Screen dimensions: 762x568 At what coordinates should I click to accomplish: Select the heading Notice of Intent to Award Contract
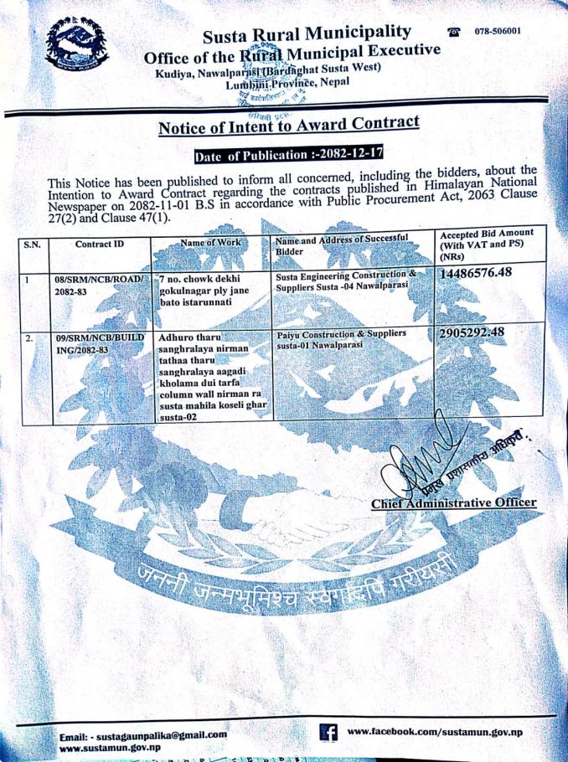tap(287, 126)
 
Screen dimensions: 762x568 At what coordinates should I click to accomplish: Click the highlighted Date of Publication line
tap(287, 157)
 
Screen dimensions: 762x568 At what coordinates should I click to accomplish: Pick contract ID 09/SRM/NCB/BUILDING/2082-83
tap(94, 344)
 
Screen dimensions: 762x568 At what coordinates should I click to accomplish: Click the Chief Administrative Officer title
tap(453, 502)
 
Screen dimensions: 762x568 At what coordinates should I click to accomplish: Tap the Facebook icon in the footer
tap(329, 731)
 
